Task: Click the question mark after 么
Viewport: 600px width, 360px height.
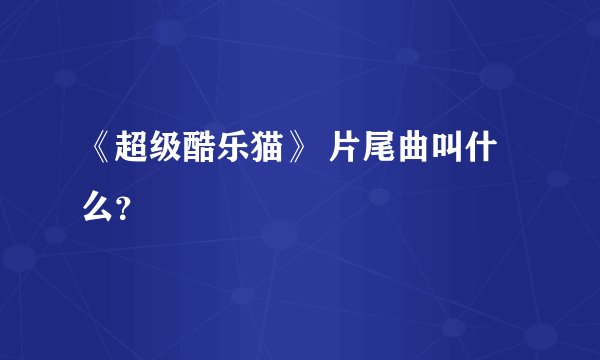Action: pyautogui.click(x=121, y=208)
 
